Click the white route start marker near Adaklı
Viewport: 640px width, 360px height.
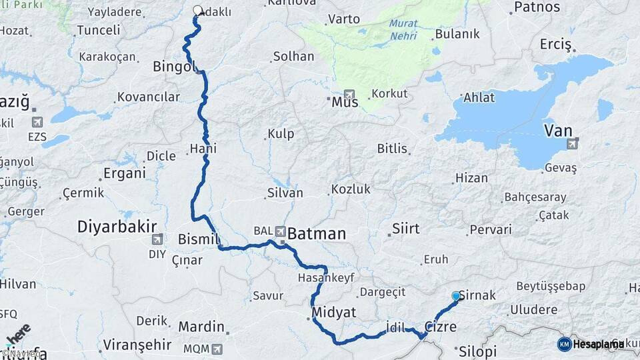point(197,11)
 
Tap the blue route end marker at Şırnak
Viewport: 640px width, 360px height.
point(456,295)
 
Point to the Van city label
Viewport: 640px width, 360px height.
point(558,130)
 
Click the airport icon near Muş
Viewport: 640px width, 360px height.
point(349,95)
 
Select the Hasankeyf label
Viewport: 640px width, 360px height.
point(326,277)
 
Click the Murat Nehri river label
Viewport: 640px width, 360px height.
point(404,29)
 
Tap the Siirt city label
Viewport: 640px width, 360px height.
point(405,229)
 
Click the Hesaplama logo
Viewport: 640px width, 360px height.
point(591,344)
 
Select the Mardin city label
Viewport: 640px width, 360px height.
point(201,327)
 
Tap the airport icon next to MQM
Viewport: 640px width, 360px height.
point(216,349)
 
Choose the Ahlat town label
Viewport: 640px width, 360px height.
point(479,97)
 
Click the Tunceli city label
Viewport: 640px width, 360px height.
point(98,30)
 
